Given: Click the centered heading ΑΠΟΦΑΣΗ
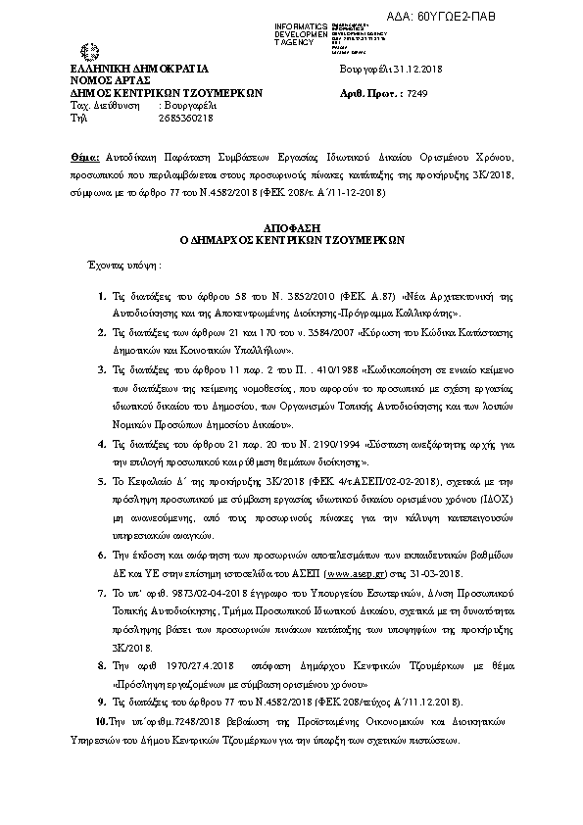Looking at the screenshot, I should (x=290, y=225).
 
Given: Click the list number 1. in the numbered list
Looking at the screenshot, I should (x=101, y=295).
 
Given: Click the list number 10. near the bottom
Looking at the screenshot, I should (x=99, y=720).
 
